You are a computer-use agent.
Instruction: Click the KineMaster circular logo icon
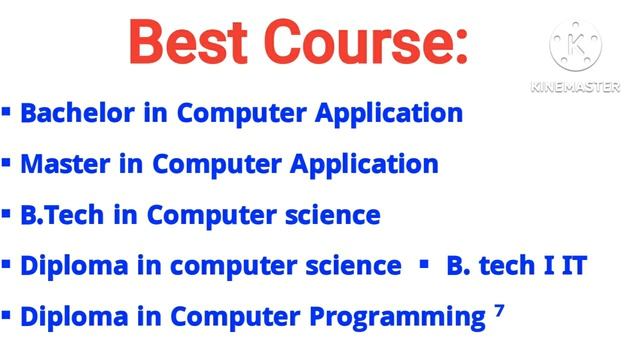576,45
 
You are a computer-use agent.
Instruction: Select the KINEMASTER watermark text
576,88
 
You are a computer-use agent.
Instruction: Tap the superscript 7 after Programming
499,311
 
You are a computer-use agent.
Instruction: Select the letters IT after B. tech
571,266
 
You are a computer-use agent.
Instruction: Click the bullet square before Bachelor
7,110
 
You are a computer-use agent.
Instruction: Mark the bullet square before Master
7,161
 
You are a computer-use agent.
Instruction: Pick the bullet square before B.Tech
7,212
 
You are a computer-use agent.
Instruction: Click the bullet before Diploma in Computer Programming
7,315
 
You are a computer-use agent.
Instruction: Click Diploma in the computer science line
77,266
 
